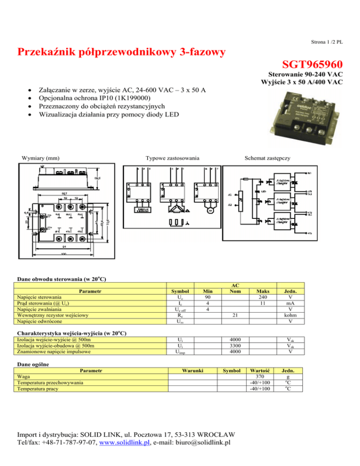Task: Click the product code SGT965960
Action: [313, 64]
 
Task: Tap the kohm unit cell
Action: [292, 316]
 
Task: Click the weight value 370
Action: [260, 376]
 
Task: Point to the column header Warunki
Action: [192, 370]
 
